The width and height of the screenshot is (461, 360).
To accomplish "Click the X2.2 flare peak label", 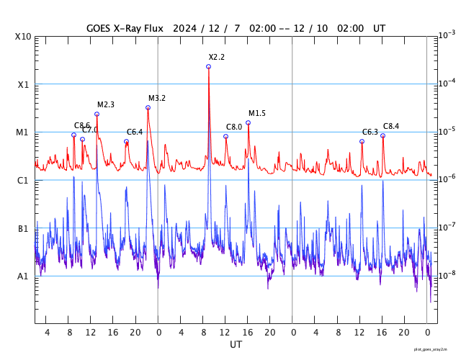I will point(217,57).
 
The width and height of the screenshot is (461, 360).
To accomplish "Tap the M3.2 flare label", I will point(157,98).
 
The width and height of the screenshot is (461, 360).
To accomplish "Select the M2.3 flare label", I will point(106,104).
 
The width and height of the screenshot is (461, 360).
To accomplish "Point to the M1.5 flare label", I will point(257,113).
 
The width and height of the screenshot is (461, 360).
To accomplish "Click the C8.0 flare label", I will point(234,127).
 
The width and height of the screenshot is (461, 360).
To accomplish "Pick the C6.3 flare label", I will point(370,132).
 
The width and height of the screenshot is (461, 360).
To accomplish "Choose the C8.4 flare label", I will point(390,126).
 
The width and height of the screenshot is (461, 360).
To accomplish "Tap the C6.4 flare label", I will point(135,132).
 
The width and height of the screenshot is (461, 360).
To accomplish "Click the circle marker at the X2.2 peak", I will point(208,66).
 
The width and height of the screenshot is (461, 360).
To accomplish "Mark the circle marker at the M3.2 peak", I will point(148,108).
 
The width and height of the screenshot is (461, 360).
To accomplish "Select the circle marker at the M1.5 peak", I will point(248,123).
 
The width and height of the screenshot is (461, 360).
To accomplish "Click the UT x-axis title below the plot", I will point(236,345).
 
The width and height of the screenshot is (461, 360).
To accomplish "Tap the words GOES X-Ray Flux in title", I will point(126,28).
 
